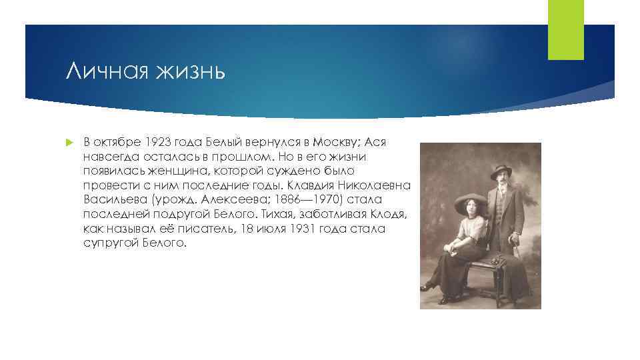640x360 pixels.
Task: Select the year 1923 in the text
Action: [156, 143]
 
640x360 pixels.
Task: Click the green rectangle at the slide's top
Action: [565, 30]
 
